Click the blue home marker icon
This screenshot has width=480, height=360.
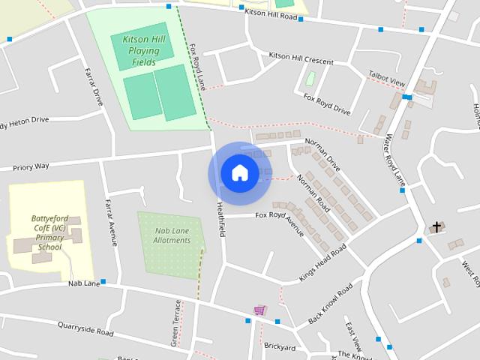click(239, 173)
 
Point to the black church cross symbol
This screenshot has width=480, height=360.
click(436, 226)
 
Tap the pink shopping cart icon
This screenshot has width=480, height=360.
click(259, 310)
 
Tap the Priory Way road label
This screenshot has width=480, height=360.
click(31, 166)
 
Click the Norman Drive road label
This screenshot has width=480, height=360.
click(322, 154)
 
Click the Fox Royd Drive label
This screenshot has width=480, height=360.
click(326, 104)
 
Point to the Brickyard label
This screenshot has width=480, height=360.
click(279, 347)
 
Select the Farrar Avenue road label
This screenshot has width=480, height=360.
click(111, 223)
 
